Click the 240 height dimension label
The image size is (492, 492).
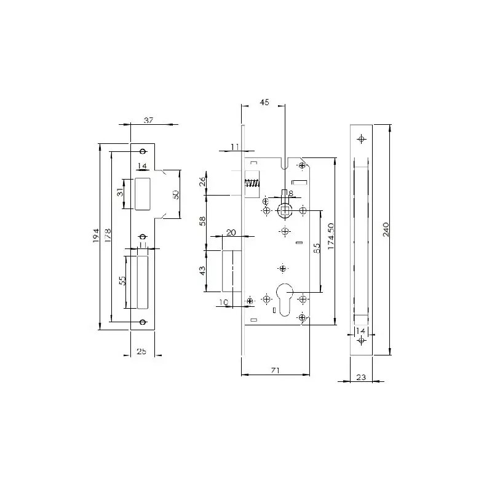[x=386, y=229]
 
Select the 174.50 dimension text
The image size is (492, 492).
[x=331, y=236]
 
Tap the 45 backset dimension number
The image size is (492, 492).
[x=264, y=102]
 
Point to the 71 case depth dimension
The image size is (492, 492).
[x=275, y=371]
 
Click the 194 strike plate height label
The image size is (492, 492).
[x=96, y=236]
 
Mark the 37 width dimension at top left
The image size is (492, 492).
[x=148, y=120]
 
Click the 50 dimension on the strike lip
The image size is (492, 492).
[x=176, y=194]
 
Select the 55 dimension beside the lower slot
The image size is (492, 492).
[x=124, y=280]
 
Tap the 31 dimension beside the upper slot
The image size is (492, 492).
[x=120, y=192]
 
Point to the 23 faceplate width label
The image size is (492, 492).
[x=361, y=377]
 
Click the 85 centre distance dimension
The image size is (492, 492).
[x=317, y=248]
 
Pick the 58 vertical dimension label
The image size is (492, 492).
[x=203, y=221]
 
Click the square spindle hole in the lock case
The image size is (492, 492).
[x=285, y=210]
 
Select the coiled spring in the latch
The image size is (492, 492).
[x=252, y=183]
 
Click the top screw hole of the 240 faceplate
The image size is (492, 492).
[x=362, y=139]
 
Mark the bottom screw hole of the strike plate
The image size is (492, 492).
[x=143, y=322]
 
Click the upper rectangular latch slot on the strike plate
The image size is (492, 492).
[x=143, y=194]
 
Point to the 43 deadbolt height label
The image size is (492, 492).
[x=202, y=271]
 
